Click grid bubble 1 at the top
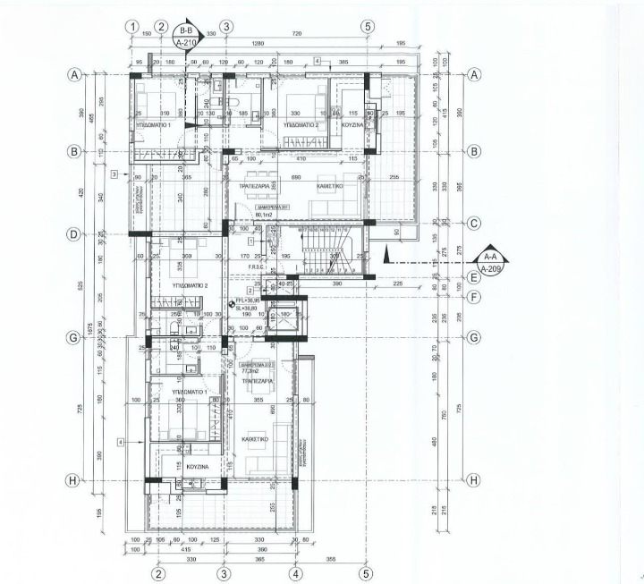(132, 27)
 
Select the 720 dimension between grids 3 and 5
(296, 32)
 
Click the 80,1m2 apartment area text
(264, 216)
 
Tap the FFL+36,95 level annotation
(247, 301)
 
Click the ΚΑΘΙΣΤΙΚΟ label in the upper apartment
(333, 186)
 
